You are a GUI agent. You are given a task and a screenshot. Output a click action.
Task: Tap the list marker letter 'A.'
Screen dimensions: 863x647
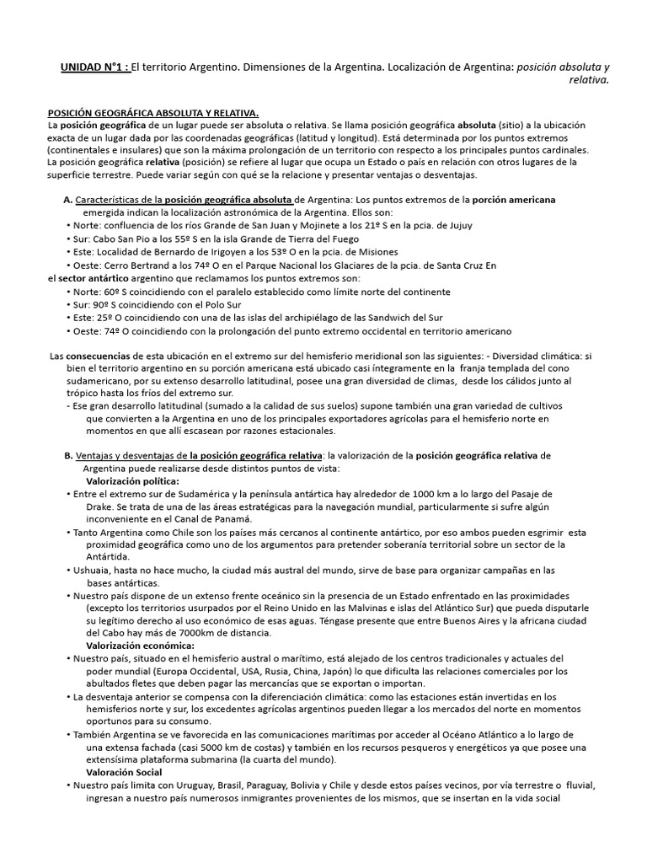pyautogui.click(x=68, y=200)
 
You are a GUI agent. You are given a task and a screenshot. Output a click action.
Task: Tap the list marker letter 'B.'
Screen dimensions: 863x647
pyautogui.click(x=68, y=456)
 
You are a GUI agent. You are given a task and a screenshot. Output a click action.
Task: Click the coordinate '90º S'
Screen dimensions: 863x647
pyautogui.click(x=110, y=304)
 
